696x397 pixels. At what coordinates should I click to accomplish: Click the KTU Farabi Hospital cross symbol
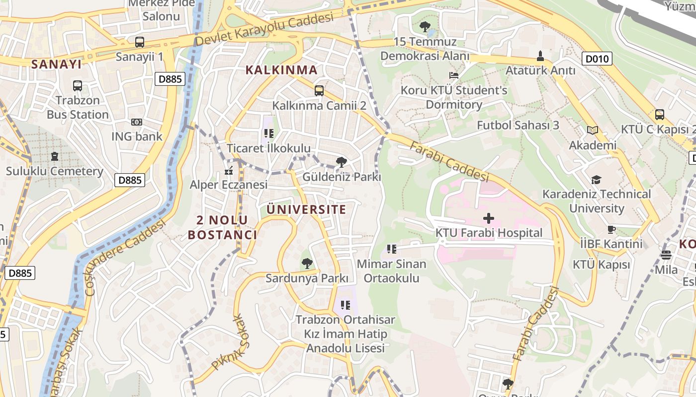pos(489,218)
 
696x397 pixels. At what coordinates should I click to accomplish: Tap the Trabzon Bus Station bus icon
pos(78,86)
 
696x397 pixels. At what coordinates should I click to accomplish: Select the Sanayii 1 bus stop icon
pos(140,42)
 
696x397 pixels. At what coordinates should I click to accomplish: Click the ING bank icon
pos(136,122)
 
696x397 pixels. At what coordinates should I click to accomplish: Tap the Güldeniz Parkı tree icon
pos(341,162)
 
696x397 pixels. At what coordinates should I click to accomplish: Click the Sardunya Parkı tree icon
pos(307,263)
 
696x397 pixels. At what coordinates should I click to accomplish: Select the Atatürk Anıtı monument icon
pos(540,56)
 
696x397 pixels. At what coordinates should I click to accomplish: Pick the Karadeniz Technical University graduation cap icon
pos(596,179)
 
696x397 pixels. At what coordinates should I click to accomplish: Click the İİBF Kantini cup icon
pos(611,229)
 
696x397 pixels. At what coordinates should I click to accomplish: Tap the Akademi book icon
pos(592,131)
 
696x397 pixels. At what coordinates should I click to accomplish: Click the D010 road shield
pos(597,59)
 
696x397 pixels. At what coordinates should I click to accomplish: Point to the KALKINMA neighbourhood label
pos(281,70)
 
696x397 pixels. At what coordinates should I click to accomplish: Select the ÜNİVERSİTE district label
pos(306,209)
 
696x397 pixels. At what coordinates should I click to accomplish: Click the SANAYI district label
pos(56,64)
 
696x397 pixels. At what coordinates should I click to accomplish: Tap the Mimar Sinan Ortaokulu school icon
pos(391,249)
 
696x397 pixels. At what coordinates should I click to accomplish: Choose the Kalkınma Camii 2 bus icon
pos(319,91)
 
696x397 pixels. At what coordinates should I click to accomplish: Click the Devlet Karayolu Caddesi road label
pos(263,30)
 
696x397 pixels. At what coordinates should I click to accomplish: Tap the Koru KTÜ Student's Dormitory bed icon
pos(453,75)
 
